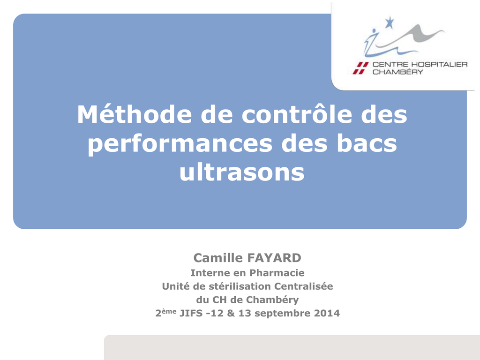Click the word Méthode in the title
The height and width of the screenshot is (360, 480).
(135, 114)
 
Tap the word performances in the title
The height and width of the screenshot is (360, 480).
(180, 144)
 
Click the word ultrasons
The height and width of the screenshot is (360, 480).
(242, 172)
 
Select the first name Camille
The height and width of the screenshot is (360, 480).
(218, 258)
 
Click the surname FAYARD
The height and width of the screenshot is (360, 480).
(274, 258)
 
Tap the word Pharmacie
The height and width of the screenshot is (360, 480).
(277, 273)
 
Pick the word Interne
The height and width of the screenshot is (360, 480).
(210, 273)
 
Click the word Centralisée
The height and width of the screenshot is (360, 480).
(303, 286)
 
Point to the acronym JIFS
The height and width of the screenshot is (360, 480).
(191, 313)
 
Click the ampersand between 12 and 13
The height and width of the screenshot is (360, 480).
(231, 313)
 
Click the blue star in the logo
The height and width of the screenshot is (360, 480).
(389, 22)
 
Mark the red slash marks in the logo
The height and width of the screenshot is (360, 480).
(360, 68)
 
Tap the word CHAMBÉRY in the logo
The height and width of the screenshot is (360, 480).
(397, 72)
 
